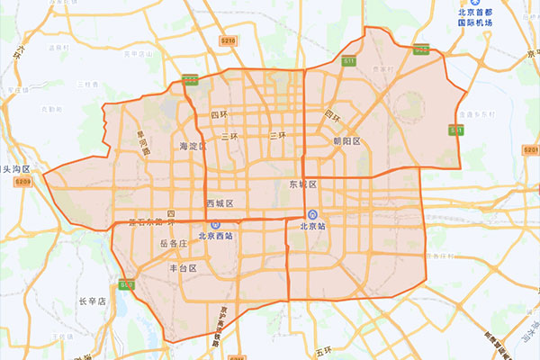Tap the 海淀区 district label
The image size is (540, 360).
(x=193, y=146)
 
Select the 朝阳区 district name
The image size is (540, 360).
(x=346, y=141)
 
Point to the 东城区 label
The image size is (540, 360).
(x=304, y=184)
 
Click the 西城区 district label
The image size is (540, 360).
(x=220, y=203)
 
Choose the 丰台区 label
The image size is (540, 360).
(x=183, y=268)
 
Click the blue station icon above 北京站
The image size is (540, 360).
(x=311, y=214)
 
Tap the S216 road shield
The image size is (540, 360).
(x=228, y=40)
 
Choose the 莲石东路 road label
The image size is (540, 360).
(x=150, y=221)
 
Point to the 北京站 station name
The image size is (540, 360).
(x=311, y=227)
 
